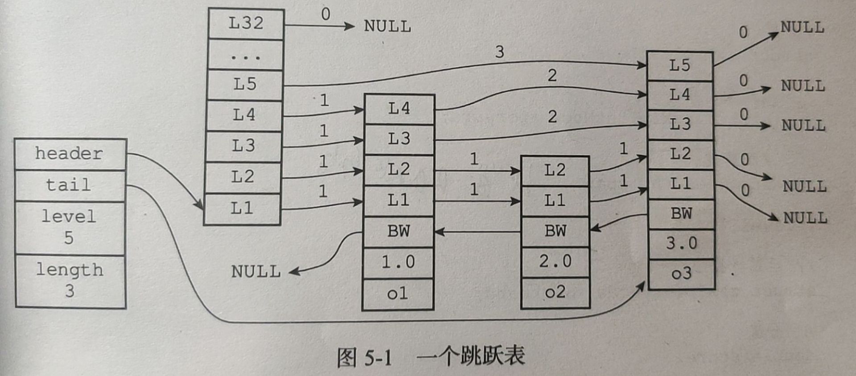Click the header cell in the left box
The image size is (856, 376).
coord(70,154)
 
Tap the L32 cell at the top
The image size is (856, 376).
coord(246,23)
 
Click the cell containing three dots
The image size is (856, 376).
coord(245,55)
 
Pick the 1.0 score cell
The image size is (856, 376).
coord(398,262)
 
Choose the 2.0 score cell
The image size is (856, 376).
coord(555,262)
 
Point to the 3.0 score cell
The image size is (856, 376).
coord(681,244)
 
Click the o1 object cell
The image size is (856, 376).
coord(398,294)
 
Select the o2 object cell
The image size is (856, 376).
coord(555,292)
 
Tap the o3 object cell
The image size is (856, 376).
coord(681,274)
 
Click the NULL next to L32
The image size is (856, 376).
coord(387,27)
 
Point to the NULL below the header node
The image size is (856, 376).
coord(256,272)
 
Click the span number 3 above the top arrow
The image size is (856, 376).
coord(499,52)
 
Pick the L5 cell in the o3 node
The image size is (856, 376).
coord(680,66)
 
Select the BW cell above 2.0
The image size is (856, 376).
coord(555,231)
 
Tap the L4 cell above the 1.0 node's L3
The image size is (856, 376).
coord(399,109)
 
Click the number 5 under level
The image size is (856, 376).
coord(69,238)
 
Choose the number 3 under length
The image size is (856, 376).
coord(70,291)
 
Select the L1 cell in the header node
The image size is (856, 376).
coord(242,208)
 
